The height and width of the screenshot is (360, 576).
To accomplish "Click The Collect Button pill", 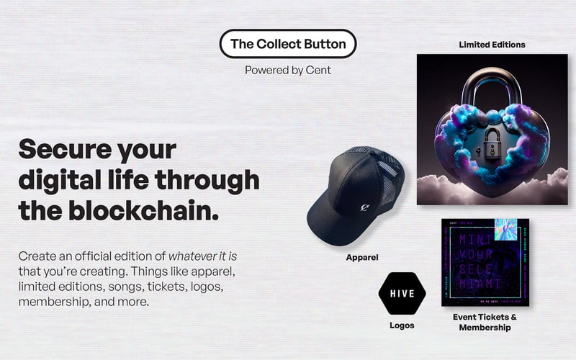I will pyautogui.click(x=288, y=44).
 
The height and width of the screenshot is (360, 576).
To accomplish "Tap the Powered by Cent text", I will pyautogui.click(x=288, y=70).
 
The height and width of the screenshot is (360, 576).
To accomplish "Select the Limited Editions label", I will pyautogui.click(x=492, y=45).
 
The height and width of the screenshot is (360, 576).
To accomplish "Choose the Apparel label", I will pyautogui.click(x=363, y=256).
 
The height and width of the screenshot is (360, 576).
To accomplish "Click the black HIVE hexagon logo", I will pyautogui.click(x=402, y=294).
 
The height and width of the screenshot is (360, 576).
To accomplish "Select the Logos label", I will pyautogui.click(x=402, y=325).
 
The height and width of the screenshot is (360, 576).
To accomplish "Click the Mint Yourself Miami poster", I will pyautogui.click(x=485, y=263).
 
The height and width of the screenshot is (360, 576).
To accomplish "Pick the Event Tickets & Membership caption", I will pyautogui.click(x=485, y=322).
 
